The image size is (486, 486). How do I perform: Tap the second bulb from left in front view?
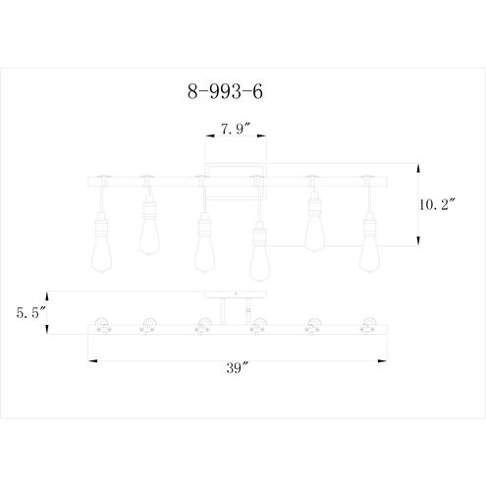click(x=150, y=230)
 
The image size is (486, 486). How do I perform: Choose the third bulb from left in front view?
click(x=204, y=249)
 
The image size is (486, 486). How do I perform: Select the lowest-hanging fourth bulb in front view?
click(x=259, y=256)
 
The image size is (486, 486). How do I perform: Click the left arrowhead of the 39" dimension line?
click(x=90, y=360)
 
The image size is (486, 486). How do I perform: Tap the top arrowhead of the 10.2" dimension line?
click(x=419, y=164)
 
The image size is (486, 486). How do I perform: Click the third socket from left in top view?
click(x=205, y=326)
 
